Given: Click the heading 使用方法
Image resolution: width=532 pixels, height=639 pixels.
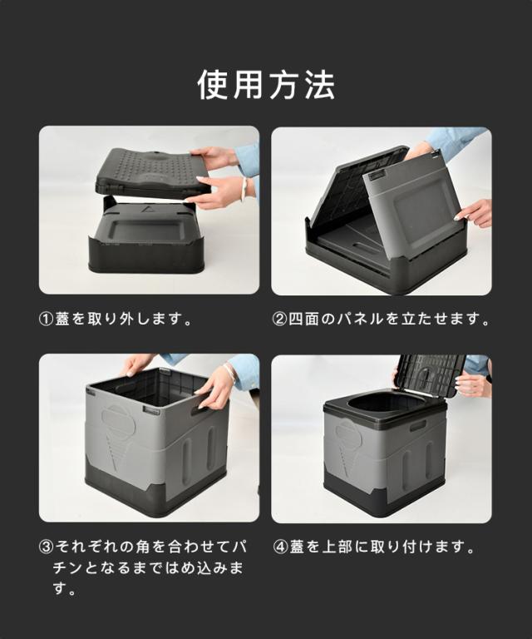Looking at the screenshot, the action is tap(266, 85).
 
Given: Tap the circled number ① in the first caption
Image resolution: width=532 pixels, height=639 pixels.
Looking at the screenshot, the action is tap(47, 319).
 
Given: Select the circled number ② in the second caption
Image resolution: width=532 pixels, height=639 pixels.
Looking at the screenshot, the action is tap(279, 319).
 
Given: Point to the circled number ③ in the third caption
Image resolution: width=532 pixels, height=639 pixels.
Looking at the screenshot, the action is tap(47, 547).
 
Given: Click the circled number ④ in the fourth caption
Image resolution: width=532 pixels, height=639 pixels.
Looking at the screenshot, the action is tap(280, 547).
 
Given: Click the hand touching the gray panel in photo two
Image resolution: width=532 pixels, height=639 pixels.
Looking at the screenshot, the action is tap(474, 213).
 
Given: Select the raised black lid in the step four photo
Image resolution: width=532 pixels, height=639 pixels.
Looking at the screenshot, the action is tap(431, 374).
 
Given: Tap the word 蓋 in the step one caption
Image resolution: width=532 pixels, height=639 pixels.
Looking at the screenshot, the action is tap(62, 319).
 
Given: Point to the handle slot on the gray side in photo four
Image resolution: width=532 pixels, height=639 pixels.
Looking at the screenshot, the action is tap(418, 427).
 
